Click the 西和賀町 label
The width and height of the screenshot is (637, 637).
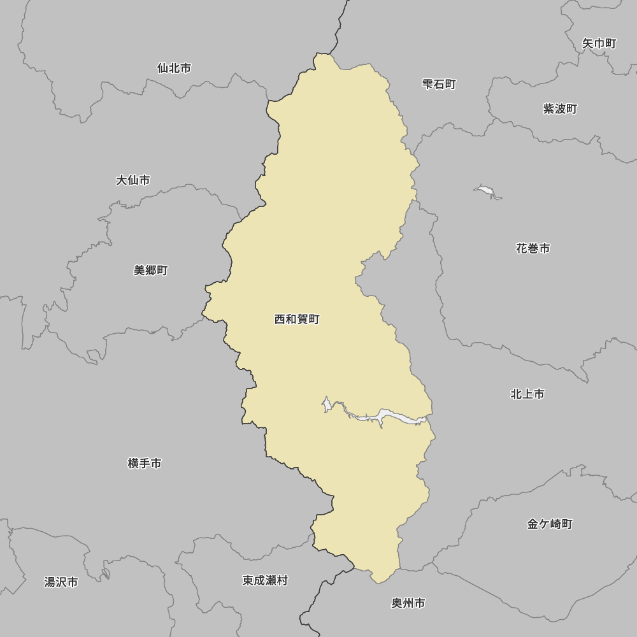tap(297, 319)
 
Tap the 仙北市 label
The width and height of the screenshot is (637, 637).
tap(174, 68)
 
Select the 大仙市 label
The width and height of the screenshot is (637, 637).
tap(133, 180)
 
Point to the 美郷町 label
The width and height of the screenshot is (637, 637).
tap(151, 270)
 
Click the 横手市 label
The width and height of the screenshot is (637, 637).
tap(145, 464)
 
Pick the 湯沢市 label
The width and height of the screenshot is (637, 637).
tap(61, 582)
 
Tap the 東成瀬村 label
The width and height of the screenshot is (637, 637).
tap(265, 580)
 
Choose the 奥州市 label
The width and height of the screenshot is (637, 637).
tap(408, 603)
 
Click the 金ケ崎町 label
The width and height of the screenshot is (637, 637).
tap(550, 524)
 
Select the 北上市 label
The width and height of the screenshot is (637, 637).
tap(527, 394)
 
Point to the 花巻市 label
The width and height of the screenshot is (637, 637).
tap(533, 248)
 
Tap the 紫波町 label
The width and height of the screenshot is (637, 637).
tap(560, 109)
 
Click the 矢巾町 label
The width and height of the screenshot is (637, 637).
tap(599, 43)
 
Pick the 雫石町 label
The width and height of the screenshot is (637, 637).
tap(440, 84)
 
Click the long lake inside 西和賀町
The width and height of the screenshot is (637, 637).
tap(382, 418)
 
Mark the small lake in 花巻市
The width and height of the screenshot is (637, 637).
tap(486, 190)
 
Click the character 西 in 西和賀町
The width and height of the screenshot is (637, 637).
tap(280, 319)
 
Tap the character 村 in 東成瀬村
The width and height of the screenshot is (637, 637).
tap(282, 580)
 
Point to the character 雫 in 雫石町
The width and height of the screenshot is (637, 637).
tap(428, 84)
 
